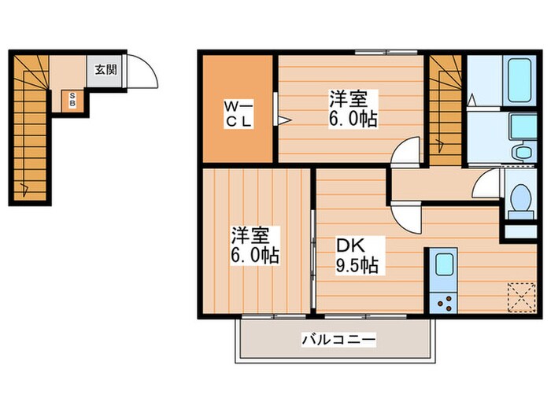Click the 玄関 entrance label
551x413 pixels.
point(106,69)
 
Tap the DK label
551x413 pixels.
point(351,245)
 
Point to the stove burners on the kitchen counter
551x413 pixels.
point(443,301)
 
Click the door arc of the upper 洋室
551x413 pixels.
point(405,151)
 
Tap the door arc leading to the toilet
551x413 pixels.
point(488,185)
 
